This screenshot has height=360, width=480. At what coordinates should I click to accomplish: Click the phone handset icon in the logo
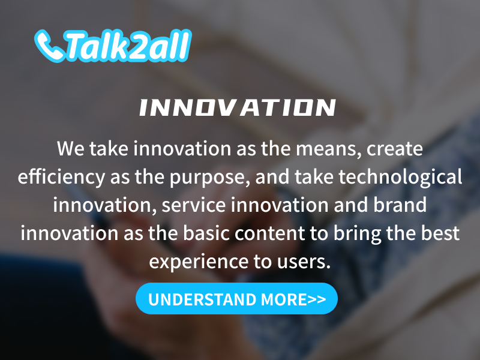point(49,46)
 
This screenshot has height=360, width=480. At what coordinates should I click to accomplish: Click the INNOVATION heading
point(238,107)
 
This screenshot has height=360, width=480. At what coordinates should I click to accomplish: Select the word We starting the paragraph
point(71,149)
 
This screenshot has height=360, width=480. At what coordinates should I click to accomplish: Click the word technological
point(400,177)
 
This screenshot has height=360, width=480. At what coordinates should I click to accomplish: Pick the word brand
point(400,205)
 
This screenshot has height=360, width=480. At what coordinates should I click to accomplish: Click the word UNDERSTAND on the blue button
point(202,299)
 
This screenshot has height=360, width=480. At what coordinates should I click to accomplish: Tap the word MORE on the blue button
point(284,299)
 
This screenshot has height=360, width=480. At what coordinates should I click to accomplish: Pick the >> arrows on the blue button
point(317,299)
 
